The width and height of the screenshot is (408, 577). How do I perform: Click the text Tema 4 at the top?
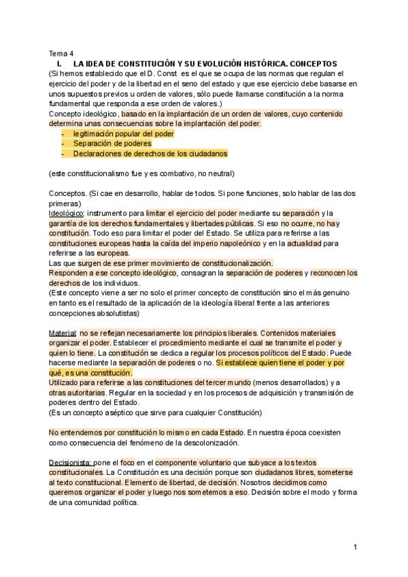(x=61, y=53)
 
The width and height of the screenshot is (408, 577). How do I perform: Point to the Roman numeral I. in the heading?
(x=60, y=63)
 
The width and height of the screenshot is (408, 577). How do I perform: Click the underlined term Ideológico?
(x=66, y=213)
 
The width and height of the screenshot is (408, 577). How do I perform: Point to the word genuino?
(x=342, y=293)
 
